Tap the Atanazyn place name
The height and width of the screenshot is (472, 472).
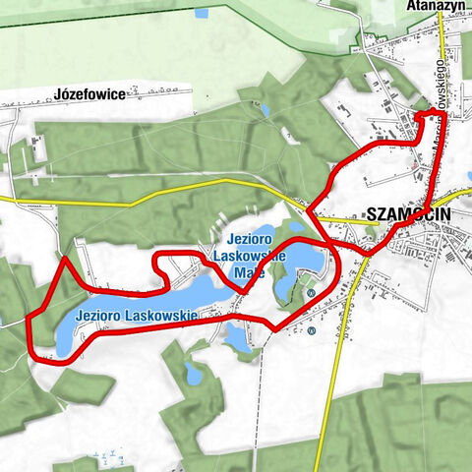click(x=437, y=5)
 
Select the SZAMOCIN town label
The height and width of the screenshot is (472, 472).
click(x=408, y=212)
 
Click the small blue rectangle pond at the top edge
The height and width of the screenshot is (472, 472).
click(x=202, y=14)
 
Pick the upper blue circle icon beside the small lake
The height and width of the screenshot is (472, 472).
click(x=311, y=293)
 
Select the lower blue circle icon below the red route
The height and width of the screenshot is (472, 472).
click(x=311, y=330)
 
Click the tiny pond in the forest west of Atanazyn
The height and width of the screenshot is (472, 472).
click(x=265, y=110)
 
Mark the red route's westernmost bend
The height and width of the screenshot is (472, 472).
click(x=30, y=324)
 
